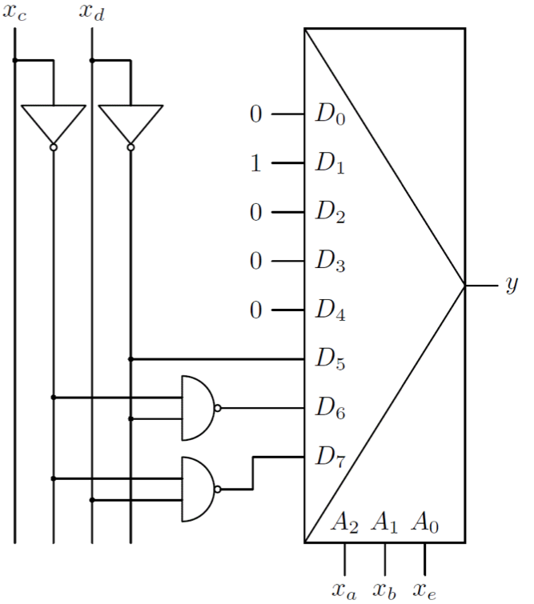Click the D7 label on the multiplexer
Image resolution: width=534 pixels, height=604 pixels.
329,458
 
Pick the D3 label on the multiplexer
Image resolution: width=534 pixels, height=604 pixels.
329,262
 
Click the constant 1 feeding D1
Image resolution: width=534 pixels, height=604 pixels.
256,164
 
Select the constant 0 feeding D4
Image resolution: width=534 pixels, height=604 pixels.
256,310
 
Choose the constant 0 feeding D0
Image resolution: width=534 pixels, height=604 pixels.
256,114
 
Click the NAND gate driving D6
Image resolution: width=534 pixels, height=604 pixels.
198,408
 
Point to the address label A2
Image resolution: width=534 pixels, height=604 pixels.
344,526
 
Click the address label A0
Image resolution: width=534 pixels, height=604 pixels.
424,526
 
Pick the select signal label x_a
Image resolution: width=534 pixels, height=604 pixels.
345,590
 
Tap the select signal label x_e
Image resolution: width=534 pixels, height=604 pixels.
424,590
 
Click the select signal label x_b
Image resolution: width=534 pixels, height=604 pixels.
385,590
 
